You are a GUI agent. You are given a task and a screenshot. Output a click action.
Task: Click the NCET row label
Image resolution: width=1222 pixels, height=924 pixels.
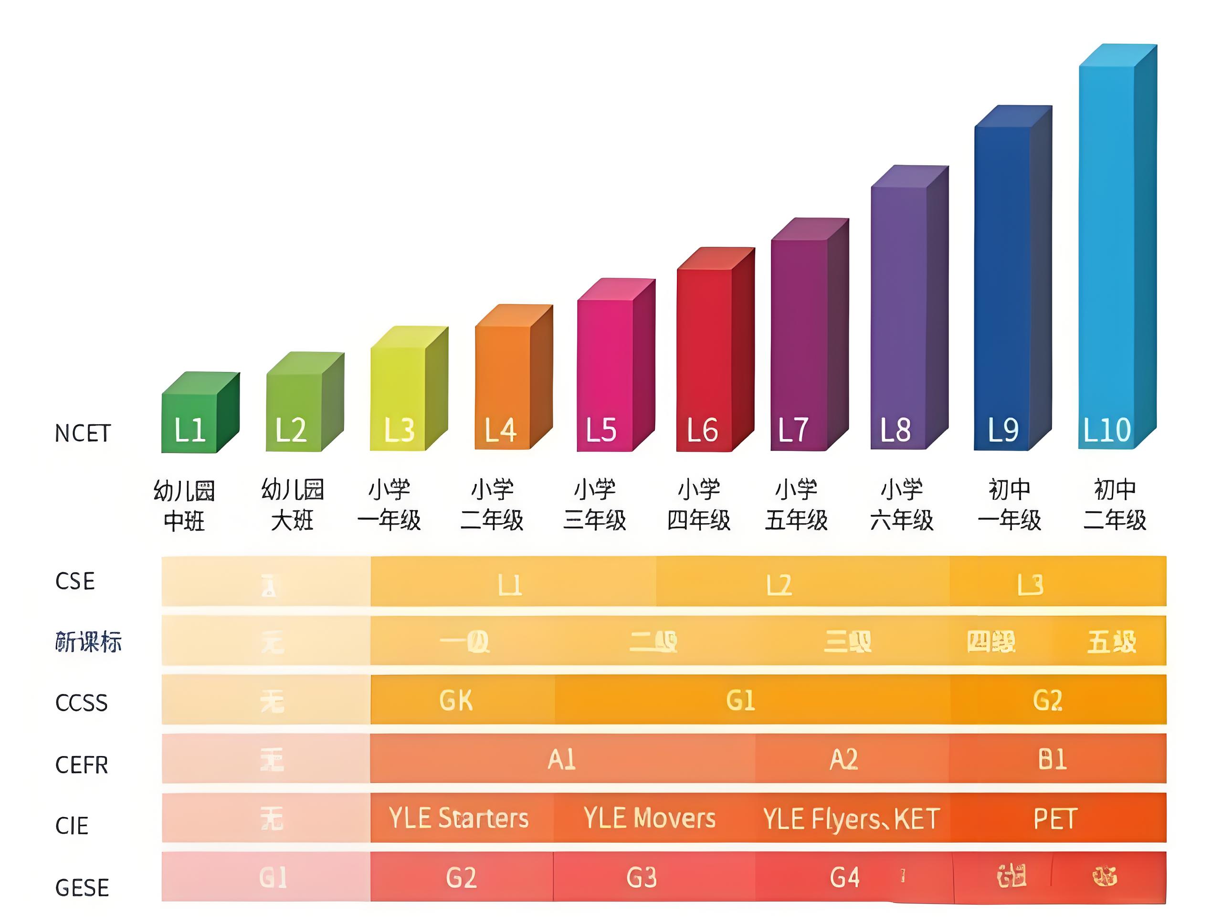83,433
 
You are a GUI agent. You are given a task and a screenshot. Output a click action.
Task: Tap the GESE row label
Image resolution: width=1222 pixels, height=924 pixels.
82,888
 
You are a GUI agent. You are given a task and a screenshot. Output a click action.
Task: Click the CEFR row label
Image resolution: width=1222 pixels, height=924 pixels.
82,765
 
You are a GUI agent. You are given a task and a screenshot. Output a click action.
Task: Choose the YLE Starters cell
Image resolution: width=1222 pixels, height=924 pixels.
459,818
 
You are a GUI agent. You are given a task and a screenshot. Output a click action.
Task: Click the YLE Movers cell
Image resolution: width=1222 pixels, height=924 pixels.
650,818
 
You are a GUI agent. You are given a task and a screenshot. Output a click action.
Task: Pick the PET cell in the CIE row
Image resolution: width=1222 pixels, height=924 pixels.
1055,819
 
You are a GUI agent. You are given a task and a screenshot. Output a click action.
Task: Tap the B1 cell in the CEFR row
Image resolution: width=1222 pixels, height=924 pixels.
1052,759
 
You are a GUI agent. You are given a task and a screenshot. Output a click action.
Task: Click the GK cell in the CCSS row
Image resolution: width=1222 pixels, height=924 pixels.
456,700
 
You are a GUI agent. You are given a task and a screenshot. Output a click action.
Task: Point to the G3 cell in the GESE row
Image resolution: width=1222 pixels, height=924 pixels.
642,877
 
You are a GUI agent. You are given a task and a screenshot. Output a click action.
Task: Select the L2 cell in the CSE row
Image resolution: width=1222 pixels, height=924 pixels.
779,585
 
